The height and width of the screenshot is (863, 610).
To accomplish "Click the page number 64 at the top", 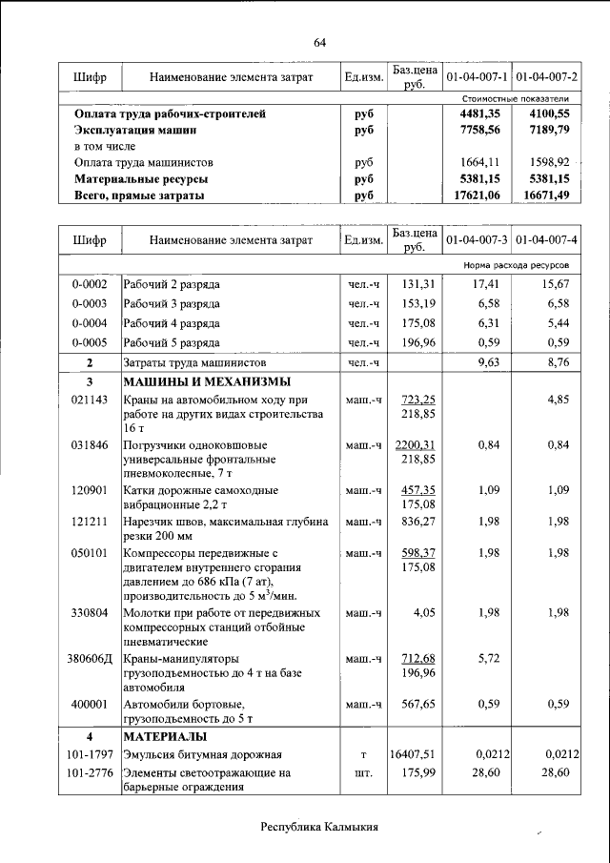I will point(319,42).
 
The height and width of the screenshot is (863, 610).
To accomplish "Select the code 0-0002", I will point(89,284).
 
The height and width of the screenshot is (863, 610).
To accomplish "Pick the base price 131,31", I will point(417,284).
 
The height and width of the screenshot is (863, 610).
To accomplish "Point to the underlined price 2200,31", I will point(416,444).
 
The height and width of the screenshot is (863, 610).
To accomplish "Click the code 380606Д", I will point(91,658).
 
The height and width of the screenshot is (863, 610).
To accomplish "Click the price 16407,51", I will point(412,755).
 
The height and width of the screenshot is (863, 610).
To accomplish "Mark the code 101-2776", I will point(89,773).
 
